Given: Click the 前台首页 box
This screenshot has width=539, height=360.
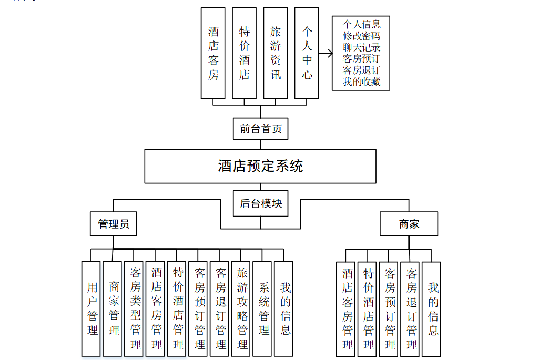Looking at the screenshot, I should [x=260, y=129].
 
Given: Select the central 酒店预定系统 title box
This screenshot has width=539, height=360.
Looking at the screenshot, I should [x=260, y=166].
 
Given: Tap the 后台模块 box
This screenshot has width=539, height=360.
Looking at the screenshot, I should [x=261, y=203].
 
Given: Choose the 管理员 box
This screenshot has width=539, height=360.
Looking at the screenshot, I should [x=114, y=224].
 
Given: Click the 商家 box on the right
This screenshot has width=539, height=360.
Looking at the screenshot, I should [x=409, y=224].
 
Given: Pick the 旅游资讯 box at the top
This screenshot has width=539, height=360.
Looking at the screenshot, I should [x=276, y=53].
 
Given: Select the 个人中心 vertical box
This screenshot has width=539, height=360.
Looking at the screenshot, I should [x=307, y=53].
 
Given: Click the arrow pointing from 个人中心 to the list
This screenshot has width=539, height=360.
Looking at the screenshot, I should [x=326, y=53].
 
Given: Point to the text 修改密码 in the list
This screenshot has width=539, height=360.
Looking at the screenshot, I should [x=361, y=36].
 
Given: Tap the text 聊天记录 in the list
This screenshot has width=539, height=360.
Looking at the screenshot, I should [x=361, y=47].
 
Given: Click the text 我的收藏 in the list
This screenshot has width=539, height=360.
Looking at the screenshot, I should [x=361, y=81].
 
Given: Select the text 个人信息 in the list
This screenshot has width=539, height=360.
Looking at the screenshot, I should [x=361, y=24].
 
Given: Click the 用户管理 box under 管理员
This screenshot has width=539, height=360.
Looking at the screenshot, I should [x=92, y=308].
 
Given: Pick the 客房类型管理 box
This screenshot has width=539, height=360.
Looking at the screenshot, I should [x=135, y=308].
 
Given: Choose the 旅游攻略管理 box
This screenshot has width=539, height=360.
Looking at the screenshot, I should [x=242, y=308].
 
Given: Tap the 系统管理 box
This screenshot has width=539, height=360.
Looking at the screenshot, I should [x=263, y=308].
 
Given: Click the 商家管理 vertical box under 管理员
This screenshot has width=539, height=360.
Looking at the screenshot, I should [x=114, y=308].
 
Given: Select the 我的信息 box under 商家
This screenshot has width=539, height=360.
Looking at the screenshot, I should [x=433, y=308].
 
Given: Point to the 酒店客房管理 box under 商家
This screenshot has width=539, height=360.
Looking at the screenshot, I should [x=347, y=308].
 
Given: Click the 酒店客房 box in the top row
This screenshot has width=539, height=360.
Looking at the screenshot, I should [x=213, y=53].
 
